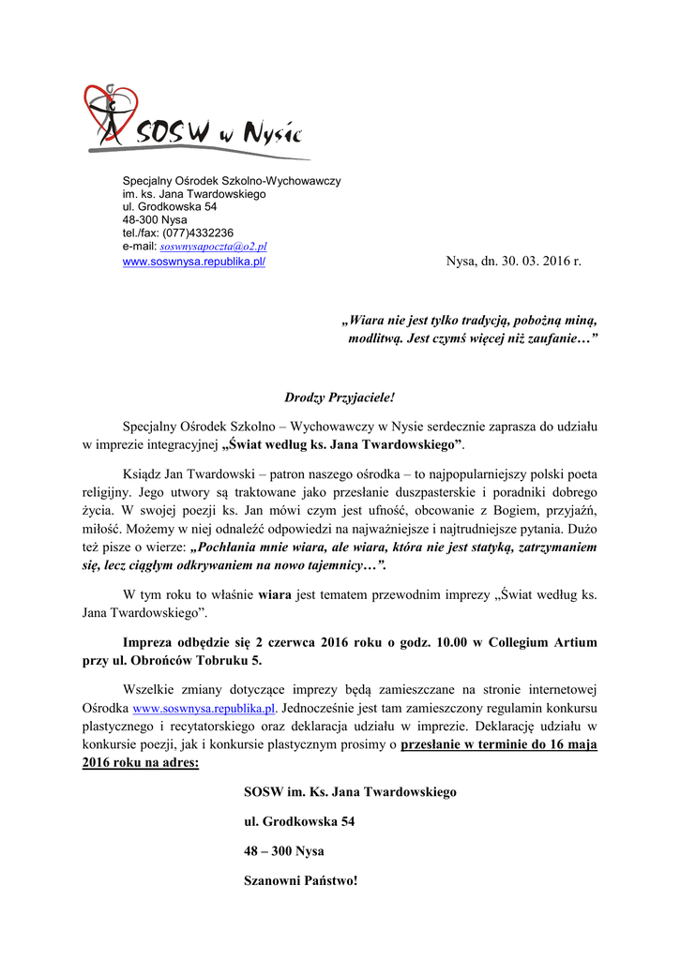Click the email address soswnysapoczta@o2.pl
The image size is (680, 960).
click(214, 247)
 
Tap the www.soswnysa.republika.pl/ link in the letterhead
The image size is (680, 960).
click(194, 261)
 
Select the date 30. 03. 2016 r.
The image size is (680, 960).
click(537, 261)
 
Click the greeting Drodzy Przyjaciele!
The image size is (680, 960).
click(340, 397)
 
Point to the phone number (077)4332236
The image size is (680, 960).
click(198, 232)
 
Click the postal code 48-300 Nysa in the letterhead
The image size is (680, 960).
click(155, 219)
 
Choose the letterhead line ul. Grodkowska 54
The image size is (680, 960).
click(170, 206)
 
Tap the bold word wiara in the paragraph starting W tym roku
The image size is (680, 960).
click(275, 593)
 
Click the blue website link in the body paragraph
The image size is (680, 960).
click(204, 709)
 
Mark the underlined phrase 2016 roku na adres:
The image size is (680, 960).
click(140, 763)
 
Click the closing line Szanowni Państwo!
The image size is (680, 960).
click(300, 881)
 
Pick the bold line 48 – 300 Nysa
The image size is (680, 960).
click(283, 851)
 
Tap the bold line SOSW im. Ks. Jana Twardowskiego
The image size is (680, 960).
click(350, 792)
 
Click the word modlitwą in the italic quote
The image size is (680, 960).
click(376, 337)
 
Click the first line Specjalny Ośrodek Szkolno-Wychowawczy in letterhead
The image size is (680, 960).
click(232, 180)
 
